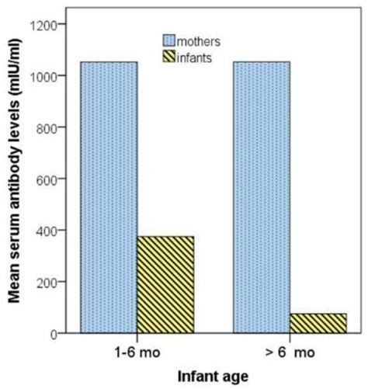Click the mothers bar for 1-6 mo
tap(109, 197)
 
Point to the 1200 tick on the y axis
tap(43, 25)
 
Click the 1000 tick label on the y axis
tap(43, 76)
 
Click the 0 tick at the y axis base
tap(54, 334)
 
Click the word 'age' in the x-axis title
tap(235, 377)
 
